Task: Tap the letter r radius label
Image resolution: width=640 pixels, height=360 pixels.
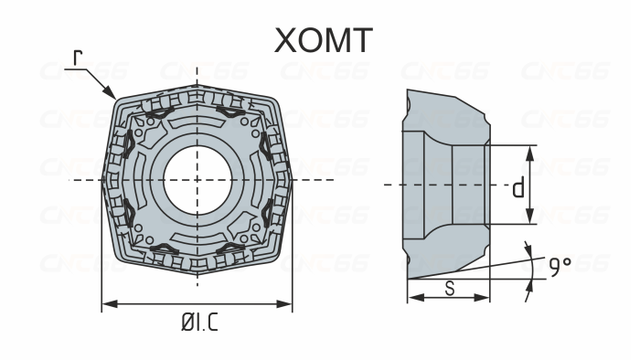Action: [79, 58]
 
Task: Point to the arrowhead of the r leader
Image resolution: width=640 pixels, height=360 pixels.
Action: [112, 96]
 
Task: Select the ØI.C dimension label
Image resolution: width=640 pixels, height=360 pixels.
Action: [197, 323]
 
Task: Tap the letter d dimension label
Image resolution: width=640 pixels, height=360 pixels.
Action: [517, 187]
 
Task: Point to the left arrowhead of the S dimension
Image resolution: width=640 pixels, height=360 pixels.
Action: [411, 298]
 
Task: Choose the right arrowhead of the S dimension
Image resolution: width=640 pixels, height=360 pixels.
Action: [486, 298]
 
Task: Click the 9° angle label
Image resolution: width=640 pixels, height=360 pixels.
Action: [560, 266]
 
